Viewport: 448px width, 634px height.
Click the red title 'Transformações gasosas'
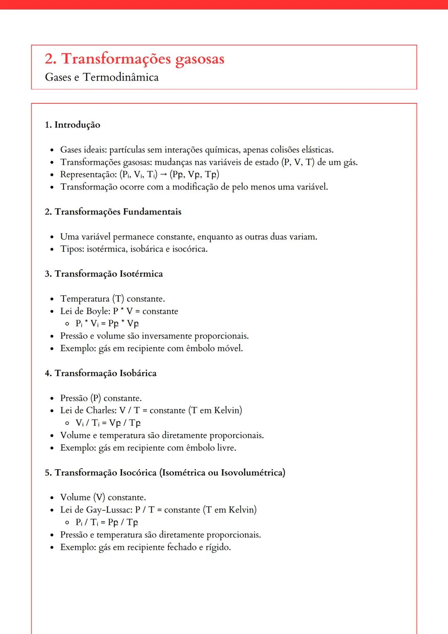pos(143,59)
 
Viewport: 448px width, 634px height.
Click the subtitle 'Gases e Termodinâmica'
pos(102,78)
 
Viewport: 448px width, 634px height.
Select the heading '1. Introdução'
pos(73,125)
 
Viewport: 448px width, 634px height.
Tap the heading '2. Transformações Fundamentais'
pos(113,212)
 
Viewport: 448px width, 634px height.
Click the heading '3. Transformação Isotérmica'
pos(104,274)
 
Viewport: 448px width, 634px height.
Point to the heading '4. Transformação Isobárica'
pos(101,373)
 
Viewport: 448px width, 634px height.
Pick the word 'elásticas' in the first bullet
pos(317,150)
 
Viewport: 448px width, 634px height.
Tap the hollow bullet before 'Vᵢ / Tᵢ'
pos(67,423)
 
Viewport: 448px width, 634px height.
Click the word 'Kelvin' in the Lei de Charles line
pos(228,410)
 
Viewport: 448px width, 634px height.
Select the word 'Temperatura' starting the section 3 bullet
pos(85,299)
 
